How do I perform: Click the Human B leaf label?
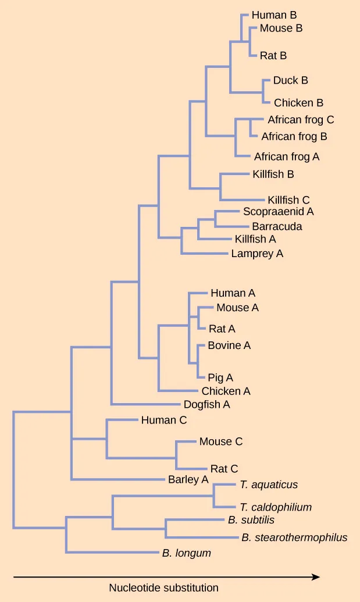[x=274, y=16]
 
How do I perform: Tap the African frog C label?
[x=301, y=120]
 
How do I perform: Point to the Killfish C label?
[x=288, y=200]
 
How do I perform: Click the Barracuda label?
[x=277, y=226]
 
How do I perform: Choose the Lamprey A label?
[x=257, y=254]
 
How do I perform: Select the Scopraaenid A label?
[x=278, y=212]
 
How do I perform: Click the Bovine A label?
[x=229, y=345]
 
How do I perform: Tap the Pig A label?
[x=220, y=378]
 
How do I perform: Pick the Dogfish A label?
[x=207, y=404]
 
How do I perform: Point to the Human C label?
[x=163, y=419]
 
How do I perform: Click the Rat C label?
[x=224, y=469]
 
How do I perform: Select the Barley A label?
[x=188, y=480]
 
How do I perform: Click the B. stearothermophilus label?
[x=294, y=537]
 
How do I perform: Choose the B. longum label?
[x=186, y=553]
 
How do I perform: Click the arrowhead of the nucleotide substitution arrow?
[x=316, y=577]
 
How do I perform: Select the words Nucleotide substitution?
[x=163, y=588]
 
